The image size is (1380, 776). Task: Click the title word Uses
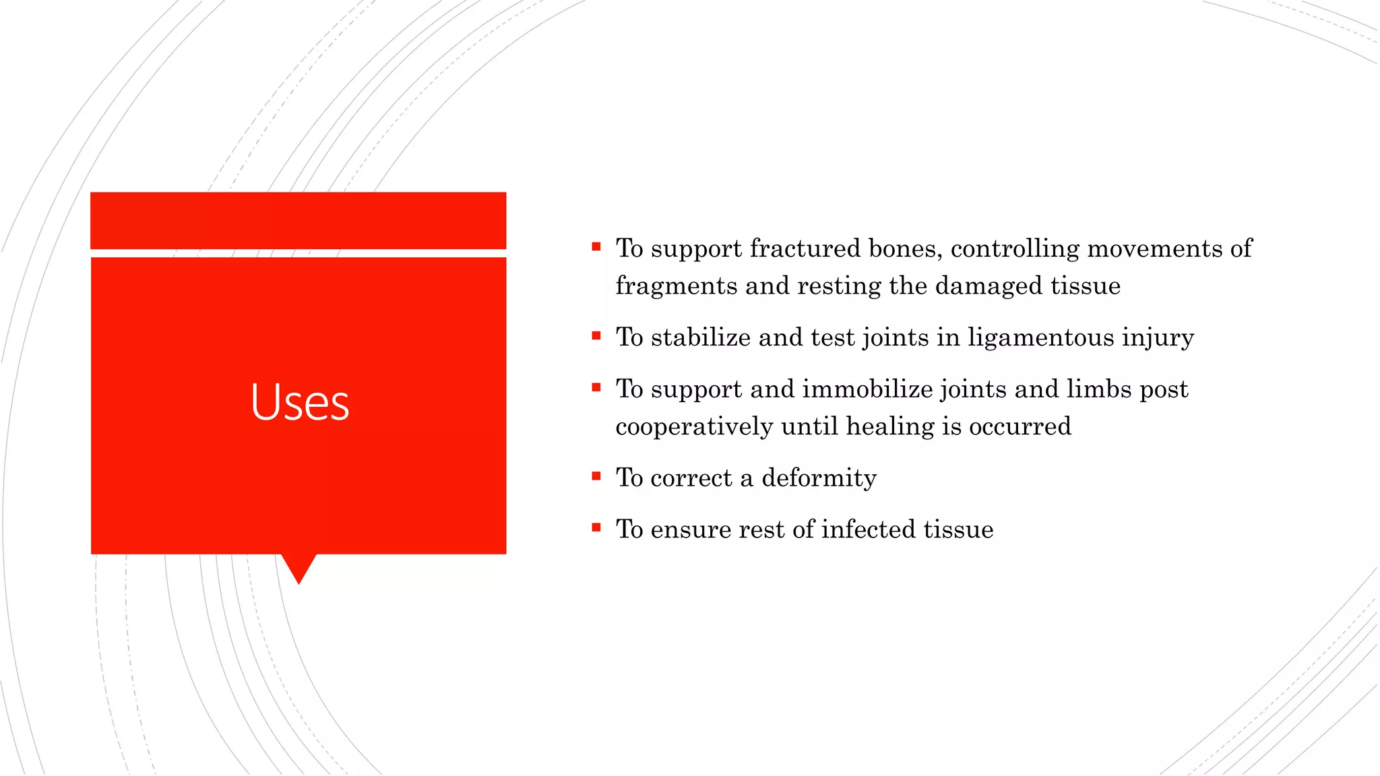(300, 402)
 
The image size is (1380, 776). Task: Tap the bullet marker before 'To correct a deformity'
(596, 476)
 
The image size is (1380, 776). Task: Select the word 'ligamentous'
(1041, 337)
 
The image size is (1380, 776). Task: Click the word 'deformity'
(819, 478)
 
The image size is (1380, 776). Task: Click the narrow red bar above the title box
(298, 220)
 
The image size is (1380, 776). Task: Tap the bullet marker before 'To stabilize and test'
(596, 335)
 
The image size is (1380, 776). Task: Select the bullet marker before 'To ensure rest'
(596, 527)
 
